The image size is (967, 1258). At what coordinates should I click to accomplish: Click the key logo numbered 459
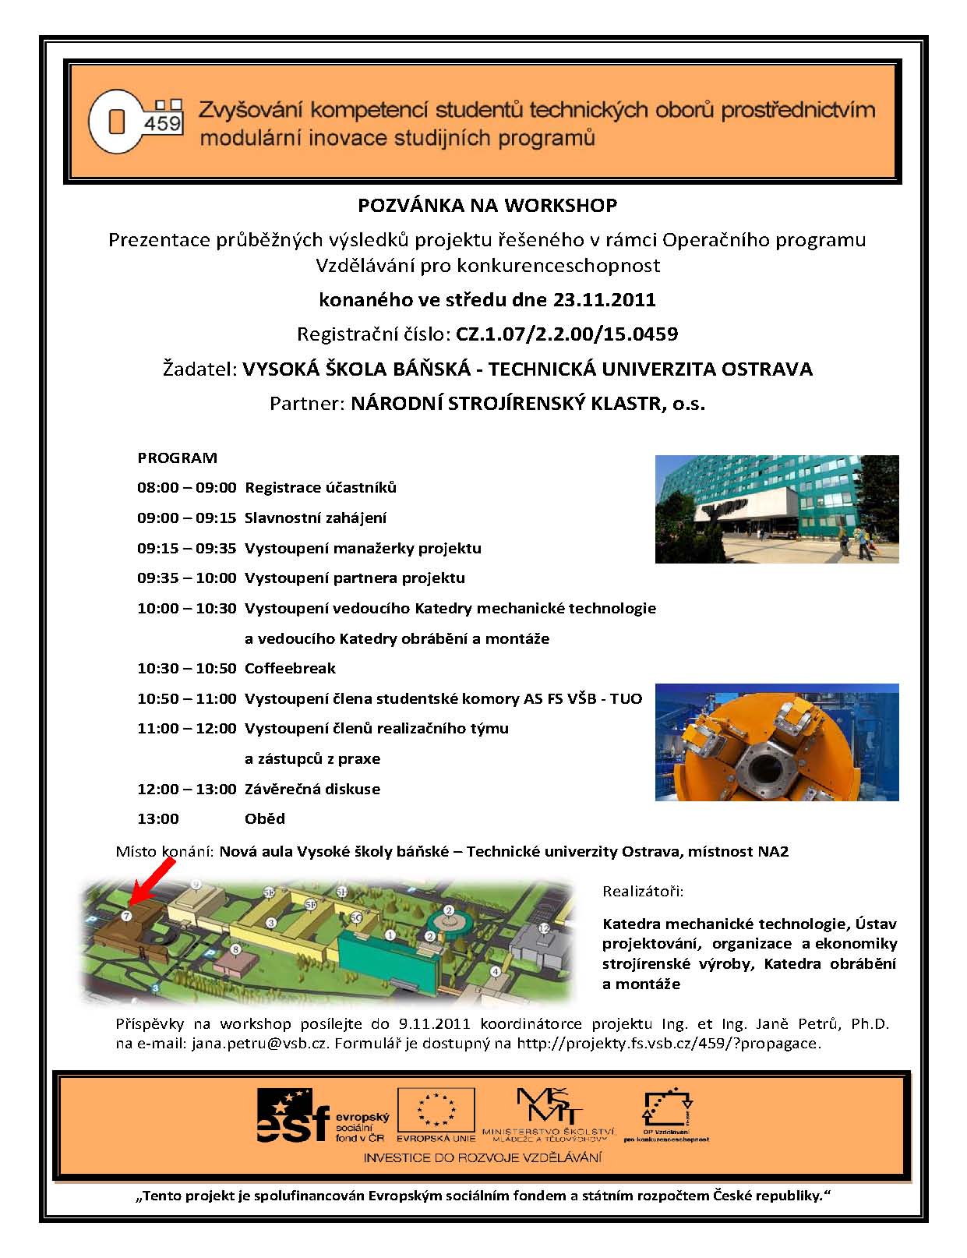pyautogui.click(x=136, y=122)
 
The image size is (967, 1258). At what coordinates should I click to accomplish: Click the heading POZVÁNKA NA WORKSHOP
pyautogui.click(x=487, y=205)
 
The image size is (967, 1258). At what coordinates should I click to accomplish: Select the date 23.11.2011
pyautogui.click(x=605, y=299)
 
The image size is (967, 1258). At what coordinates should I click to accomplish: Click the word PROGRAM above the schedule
pyautogui.click(x=177, y=458)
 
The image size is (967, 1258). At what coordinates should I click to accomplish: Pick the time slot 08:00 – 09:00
pyautogui.click(x=186, y=488)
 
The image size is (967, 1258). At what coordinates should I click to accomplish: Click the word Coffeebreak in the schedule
pyautogui.click(x=290, y=668)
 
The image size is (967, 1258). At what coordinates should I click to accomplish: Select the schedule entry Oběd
pyautogui.click(x=265, y=818)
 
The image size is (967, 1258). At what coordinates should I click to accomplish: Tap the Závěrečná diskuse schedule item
pyautogui.click(x=312, y=789)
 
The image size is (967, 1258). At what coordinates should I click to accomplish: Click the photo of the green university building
pyautogui.click(x=776, y=509)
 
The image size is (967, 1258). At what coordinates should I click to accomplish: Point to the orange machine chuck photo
pyautogui.click(x=776, y=742)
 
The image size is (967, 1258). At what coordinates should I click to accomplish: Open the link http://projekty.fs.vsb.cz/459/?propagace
pyautogui.click(x=669, y=1043)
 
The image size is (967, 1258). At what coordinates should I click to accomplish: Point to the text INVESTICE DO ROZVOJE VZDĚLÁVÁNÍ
pyautogui.click(x=482, y=1157)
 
